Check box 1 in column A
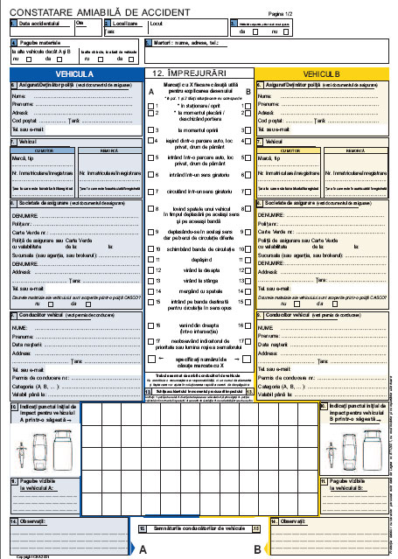pyautogui.click(x=150, y=106)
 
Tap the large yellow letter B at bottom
pyautogui.click(x=257, y=549)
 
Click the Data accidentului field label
pyautogui.click(x=40, y=24)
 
